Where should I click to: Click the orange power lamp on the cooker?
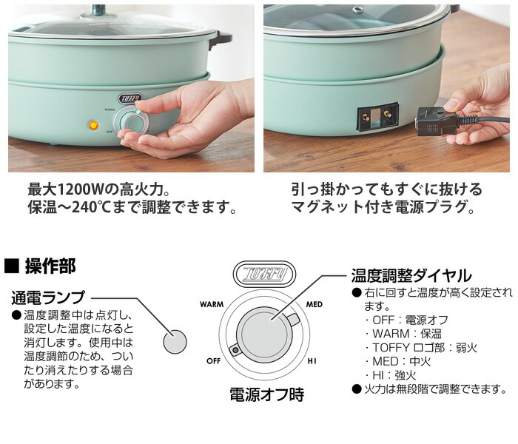pyautogui.click(x=94, y=125)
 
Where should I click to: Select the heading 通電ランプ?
pyautogui.click(x=47, y=297)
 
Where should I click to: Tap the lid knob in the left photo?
pyautogui.click(x=98, y=7)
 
